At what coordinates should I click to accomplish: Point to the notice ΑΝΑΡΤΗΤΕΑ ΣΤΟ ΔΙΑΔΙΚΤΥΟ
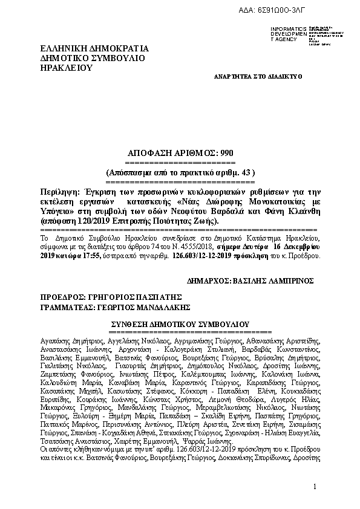[258, 77]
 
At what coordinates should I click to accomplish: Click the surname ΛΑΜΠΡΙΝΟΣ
[296, 281]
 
